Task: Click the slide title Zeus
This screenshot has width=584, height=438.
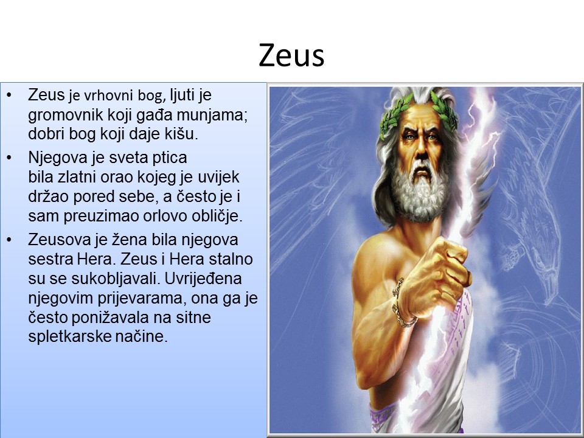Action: click(291, 55)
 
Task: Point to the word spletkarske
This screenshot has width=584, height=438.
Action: click(70, 336)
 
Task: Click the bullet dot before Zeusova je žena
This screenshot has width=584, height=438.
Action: click(9, 240)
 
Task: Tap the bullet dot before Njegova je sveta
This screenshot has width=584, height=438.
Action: click(9, 158)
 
